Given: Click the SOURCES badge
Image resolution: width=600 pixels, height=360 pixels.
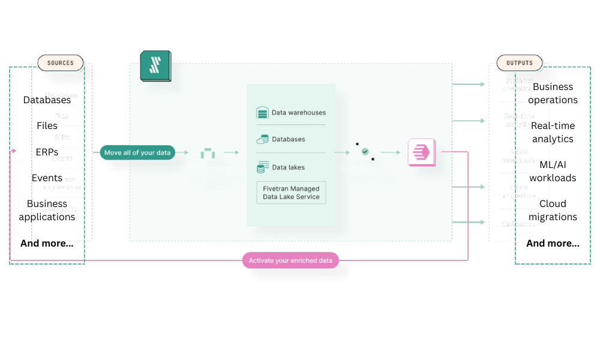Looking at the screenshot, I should (x=61, y=63).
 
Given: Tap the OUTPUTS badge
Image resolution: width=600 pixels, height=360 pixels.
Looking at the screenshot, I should (x=519, y=63).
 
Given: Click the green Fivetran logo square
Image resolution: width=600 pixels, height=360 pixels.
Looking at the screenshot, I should (x=155, y=66).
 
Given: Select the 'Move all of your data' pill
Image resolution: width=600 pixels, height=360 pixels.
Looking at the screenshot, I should (x=137, y=152).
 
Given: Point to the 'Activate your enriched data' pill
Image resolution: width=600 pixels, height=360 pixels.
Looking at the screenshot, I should (x=290, y=260).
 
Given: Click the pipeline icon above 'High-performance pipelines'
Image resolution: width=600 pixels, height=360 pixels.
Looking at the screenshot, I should (x=208, y=152).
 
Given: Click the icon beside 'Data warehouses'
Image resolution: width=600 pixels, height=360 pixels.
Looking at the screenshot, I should (x=262, y=112).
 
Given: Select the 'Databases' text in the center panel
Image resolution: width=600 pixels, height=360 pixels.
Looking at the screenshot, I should (x=289, y=139).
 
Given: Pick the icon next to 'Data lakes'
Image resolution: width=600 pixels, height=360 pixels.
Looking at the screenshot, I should (x=262, y=167).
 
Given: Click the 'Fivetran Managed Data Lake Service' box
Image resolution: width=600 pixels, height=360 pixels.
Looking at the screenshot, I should (x=291, y=193).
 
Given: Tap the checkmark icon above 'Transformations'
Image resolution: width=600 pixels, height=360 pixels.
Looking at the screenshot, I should (x=365, y=152).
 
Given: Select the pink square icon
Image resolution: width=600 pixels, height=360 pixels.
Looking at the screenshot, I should (x=421, y=152).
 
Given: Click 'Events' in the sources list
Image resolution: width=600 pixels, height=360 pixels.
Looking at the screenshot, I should (x=62, y=158).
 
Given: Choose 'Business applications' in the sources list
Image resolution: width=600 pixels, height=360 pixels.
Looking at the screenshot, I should (x=62, y=183).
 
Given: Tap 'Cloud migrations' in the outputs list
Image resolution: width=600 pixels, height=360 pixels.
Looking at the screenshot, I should (x=519, y=191).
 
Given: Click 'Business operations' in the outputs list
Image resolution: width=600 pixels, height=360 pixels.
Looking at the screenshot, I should (x=519, y=85).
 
